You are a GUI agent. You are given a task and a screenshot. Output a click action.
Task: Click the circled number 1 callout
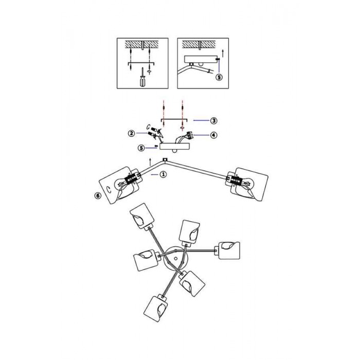tap(163, 174)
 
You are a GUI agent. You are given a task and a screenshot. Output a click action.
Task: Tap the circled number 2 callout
tap(131, 133)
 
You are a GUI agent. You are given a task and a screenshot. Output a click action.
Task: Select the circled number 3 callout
tap(214, 120)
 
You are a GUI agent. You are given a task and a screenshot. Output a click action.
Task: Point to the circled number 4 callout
tap(214, 135)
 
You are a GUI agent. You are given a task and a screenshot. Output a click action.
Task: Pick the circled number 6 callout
tap(98, 195)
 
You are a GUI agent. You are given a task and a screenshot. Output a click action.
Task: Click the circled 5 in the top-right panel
tap(219, 77)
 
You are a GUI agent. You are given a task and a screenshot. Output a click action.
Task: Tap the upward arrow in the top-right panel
tap(222, 53)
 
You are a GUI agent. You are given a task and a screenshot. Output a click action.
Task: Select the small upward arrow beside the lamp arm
tap(150, 162)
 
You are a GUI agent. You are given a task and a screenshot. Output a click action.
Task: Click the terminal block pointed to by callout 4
tap(190, 135)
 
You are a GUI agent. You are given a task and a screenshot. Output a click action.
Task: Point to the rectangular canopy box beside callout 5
tap(175, 147)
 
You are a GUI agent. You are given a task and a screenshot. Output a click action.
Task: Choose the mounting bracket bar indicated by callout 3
tap(174, 120)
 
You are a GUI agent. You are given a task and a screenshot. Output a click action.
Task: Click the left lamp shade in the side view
tap(119, 186)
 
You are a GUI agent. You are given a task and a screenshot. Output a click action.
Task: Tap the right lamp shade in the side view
tap(249, 185)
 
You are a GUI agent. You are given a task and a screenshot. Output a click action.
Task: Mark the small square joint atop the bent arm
tap(165, 159)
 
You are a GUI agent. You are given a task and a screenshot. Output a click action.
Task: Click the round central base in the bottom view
tap(176, 259)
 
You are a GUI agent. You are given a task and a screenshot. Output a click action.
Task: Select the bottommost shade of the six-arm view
tap(156, 309)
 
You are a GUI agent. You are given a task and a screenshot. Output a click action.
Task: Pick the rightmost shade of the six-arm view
tap(229, 250)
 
